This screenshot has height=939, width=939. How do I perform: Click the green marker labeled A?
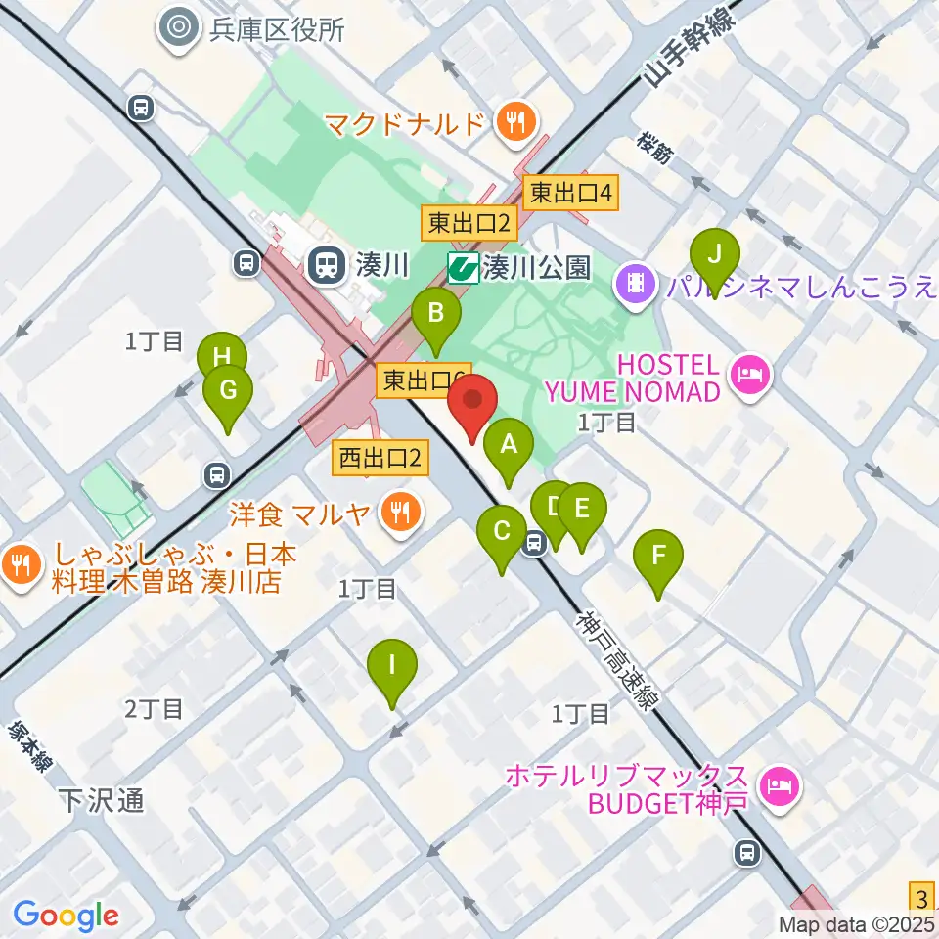click(x=509, y=448)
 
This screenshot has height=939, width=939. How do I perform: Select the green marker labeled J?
click(x=715, y=256)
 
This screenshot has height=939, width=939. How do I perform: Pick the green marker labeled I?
click(x=392, y=668)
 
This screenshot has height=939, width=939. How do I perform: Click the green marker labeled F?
click(x=658, y=559)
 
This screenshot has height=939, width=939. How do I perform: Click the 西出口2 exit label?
click(x=381, y=456)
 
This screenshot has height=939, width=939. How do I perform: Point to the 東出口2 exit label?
click(x=469, y=224)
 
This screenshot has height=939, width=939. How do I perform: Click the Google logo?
click(x=66, y=916)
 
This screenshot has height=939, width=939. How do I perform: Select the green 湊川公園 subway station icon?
click(x=464, y=267)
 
